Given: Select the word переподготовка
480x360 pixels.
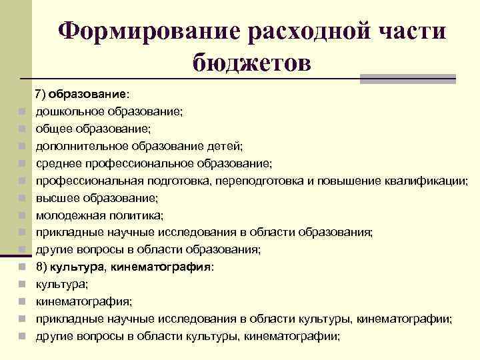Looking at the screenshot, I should pos(259,180).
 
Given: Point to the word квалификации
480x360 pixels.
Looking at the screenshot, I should pos(426,180).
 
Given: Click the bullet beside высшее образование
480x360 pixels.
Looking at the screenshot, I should pos(22,198).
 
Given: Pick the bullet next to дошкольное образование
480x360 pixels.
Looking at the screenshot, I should pos(22,111).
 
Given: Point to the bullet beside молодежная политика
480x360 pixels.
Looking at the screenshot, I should pos(22,215).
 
